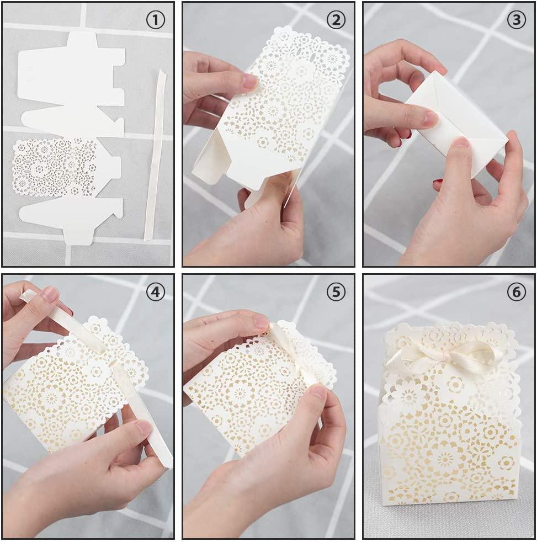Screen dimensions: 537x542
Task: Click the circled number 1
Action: click(156, 20)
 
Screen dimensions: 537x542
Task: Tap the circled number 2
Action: click(336, 20)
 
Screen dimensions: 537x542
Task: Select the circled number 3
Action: click(516, 20)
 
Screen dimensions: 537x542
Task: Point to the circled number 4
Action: click(156, 292)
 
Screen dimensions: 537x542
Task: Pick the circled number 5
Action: click(336, 292)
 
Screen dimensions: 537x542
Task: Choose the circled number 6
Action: click(516, 292)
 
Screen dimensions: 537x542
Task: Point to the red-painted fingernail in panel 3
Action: click(439, 182)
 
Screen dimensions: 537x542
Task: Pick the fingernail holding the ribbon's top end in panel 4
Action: click(50, 295)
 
